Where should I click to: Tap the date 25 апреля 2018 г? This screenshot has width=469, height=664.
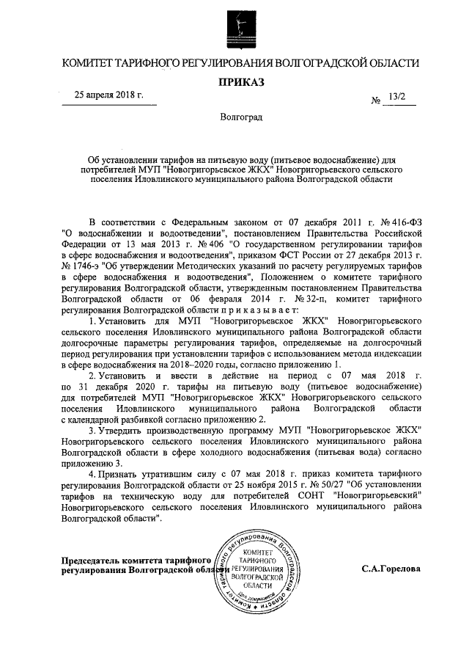point(109,95)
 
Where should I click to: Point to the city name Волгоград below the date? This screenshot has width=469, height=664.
point(240,117)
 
